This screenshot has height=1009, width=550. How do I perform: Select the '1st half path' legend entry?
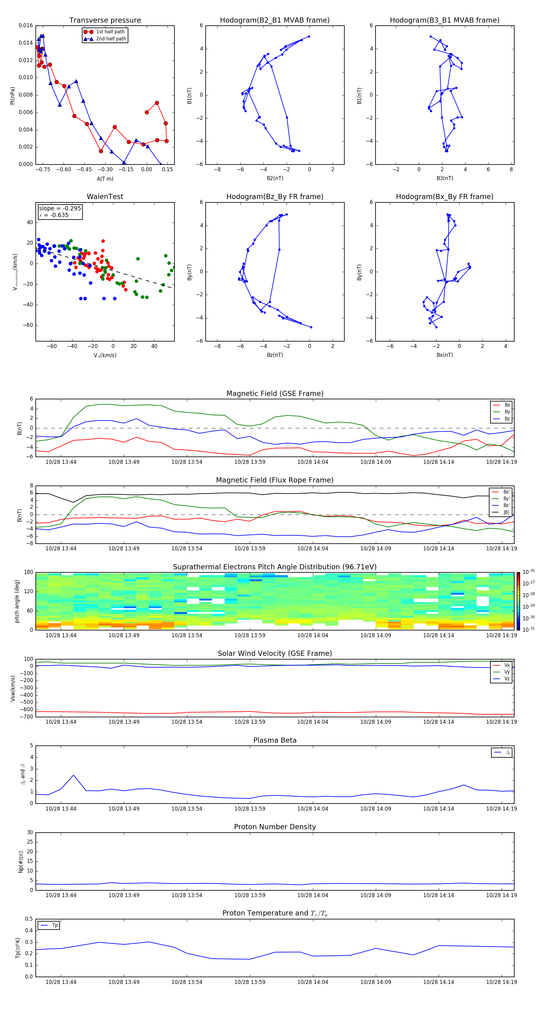coord(110,32)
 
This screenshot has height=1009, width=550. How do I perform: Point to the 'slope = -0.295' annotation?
coord(60,209)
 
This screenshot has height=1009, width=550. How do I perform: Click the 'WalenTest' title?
coord(105,197)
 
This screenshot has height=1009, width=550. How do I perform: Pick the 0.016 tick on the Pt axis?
coord(26,25)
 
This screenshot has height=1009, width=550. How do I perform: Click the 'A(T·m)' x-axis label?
coord(105,179)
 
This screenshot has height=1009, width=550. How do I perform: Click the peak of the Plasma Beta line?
coord(74,775)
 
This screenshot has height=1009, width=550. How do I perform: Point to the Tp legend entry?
coord(54,925)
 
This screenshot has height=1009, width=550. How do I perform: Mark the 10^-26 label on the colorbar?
coord(529,572)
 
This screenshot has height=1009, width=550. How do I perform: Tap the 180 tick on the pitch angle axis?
coord(29,572)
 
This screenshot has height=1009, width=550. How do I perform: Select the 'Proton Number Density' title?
coord(275,827)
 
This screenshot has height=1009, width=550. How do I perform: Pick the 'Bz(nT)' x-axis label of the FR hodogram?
coord(275,355)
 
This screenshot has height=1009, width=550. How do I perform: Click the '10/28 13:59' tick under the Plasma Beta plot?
coord(250,808)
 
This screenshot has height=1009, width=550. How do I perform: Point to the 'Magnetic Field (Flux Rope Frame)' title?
coord(275,480)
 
